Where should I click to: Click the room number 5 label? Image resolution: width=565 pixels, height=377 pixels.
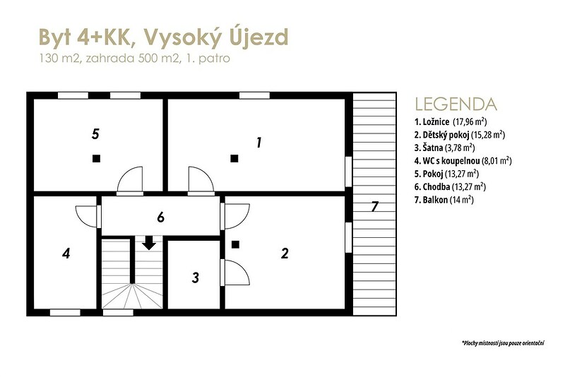(95, 134)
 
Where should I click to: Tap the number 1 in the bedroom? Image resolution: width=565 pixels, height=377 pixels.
(258, 143)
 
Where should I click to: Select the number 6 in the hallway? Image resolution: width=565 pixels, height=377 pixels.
(161, 217)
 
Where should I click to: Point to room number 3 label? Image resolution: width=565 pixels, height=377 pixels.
(196, 277)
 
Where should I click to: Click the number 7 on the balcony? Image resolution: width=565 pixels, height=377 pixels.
(375, 207)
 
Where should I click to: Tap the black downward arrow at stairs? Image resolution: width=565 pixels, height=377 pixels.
(149, 243)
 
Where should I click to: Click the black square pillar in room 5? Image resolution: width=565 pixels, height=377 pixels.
(96, 158)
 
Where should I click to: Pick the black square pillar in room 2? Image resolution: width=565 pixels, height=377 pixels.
(235, 245)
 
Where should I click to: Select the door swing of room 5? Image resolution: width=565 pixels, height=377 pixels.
(130, 180)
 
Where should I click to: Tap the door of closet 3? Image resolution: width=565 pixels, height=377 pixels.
(235, 273)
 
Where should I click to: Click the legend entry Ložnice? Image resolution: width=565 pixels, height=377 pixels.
(451, 121)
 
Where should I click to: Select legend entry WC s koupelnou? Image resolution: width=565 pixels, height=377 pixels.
(463, 160)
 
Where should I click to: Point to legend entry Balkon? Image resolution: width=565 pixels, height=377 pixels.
(444, 200)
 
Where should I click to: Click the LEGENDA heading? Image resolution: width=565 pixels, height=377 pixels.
(456, 104)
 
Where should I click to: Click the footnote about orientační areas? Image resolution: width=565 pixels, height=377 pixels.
(503, 343)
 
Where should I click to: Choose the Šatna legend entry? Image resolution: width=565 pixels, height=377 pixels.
(445, 148)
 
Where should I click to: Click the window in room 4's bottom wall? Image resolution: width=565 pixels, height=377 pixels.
(65, 313)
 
